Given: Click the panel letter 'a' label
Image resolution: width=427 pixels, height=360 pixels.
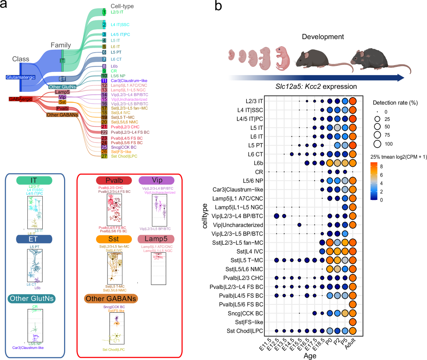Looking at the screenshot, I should [x=6, y=6].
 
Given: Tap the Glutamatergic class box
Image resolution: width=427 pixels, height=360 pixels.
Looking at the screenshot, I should [x=21, y=77].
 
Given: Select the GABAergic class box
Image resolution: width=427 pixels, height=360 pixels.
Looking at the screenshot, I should [x=20, y=99].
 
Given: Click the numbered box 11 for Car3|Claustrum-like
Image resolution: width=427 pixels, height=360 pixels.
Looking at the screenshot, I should [x=104, y=81].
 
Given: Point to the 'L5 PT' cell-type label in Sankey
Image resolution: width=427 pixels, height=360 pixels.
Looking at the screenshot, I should [x=116, y=52].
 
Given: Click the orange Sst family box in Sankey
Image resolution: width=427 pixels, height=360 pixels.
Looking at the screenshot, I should [x=62, y=102].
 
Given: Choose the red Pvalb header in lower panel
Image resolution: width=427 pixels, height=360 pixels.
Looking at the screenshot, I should [x=114, y=180].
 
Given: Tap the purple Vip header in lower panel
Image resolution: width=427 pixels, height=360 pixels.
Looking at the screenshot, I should [x=157, y=180].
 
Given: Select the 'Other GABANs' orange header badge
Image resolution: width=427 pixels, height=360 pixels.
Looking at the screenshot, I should [x=111, y=298].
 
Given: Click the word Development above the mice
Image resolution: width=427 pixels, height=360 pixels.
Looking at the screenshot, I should [x=323, y=37].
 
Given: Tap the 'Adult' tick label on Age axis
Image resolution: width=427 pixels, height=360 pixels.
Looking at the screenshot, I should [x=350, y=344].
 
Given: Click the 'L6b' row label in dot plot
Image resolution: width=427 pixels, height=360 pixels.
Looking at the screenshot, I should [x=258, y=163].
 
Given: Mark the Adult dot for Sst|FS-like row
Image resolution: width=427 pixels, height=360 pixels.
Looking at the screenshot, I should [x=353, y=322].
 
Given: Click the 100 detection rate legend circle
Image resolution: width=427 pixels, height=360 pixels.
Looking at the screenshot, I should [x=378, y=144].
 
